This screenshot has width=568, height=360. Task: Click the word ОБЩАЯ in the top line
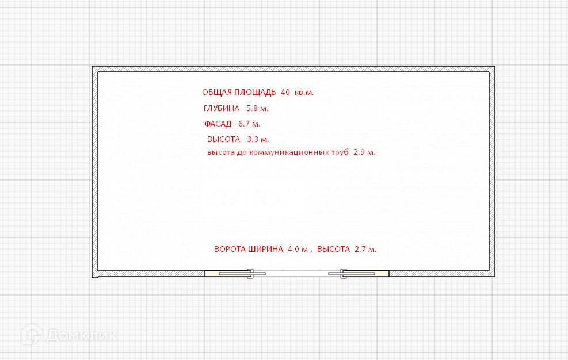click(x=216, y=92)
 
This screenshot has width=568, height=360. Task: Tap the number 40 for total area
click(x=285, y=92)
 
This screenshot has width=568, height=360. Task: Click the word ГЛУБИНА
click(x=222, y=108)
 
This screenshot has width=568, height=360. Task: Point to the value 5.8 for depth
click(x=252, y=108)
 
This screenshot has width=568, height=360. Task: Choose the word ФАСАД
click(x=218, y=124)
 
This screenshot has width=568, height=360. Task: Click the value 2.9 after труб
click(x=359, y=152)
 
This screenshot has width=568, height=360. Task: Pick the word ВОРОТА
click(x=230, y=250)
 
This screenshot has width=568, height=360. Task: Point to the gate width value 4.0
click(x=293, y=250)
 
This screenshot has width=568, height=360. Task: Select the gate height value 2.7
click(x=360, y=250)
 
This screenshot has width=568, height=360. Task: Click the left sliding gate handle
click(x=250, y=274)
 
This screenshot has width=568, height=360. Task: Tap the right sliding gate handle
click(x=344, y=274)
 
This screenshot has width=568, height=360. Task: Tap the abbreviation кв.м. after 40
click(x=304, y=92)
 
